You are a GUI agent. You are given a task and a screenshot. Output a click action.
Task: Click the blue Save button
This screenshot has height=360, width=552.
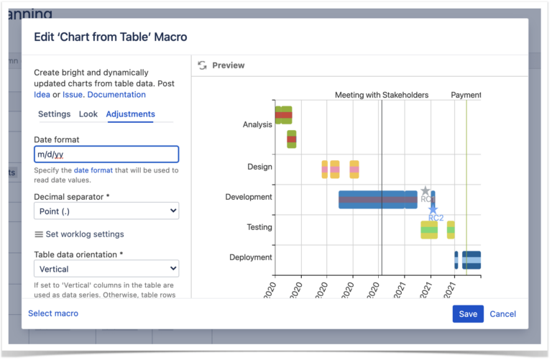click(468, 314)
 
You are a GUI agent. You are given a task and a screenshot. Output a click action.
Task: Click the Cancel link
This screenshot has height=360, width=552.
click(502, 314)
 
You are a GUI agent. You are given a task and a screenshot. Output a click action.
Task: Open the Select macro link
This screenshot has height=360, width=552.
click(53, 313)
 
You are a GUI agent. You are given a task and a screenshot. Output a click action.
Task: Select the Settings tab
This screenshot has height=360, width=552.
click(54, 114)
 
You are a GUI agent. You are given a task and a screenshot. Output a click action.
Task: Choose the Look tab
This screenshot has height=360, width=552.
click(88, 114)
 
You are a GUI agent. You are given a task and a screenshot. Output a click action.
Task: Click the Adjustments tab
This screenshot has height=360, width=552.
click(130, 114)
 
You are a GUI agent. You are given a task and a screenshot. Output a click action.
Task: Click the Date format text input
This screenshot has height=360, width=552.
click(106, 154)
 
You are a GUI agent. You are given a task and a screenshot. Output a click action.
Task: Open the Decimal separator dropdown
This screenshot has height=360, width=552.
click(106, 211)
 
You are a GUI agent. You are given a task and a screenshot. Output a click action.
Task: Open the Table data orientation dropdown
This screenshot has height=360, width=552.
click(106, 269)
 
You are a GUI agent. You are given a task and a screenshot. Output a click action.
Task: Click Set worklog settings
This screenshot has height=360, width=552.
click(79, 234)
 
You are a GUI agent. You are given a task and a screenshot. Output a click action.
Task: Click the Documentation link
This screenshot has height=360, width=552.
click(116, 95)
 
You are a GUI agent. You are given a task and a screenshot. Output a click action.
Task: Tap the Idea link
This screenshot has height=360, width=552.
click(42, 95)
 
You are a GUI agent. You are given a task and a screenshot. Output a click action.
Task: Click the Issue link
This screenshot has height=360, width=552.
click(73, 95)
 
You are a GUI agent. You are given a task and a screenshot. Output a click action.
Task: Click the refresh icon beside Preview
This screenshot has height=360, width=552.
click(202, 65)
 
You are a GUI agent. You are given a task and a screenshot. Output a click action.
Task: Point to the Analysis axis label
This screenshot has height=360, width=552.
click(257, 125)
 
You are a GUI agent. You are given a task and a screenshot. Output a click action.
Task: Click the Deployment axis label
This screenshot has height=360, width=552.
click(251, 257)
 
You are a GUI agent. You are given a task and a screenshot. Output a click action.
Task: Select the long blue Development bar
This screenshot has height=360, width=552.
click(374, 199)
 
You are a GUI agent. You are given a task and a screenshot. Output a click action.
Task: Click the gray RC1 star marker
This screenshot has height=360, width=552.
click(425, 192)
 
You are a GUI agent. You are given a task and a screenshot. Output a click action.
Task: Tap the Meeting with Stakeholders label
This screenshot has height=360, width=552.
click(382, 95)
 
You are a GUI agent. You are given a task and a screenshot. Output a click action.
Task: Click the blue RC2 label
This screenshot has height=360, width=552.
click(436, 218)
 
